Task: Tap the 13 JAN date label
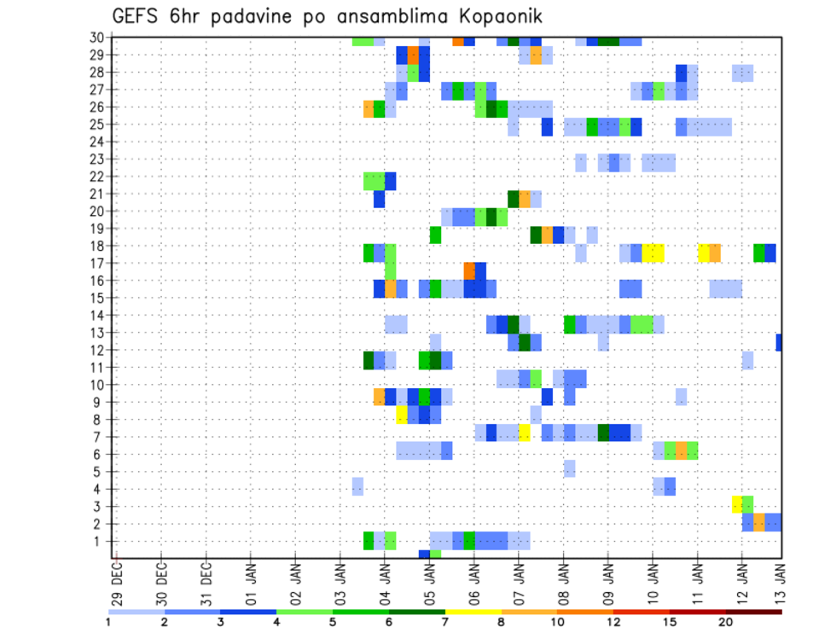click(781, 579)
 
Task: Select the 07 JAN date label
click(519, 579)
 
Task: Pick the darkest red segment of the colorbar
click(754, 612)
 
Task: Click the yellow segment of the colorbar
click(473, 612)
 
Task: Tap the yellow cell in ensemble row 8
click(402, 415)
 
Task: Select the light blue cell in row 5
click(569, 468)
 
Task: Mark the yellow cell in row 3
click(736, 504)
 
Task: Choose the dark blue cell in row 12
click(779, 342)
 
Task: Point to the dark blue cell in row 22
click(390, 181)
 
